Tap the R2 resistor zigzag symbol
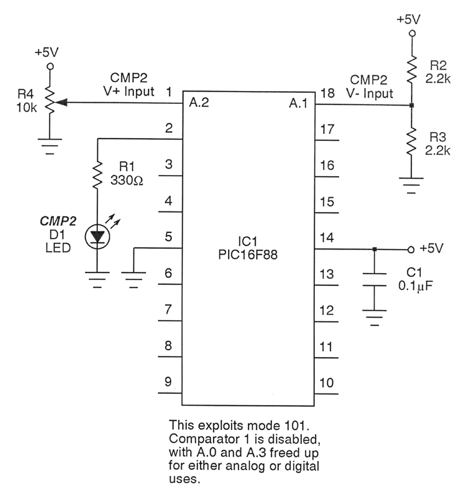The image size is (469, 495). tap(412, 69)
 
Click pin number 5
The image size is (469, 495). tap(168, 238)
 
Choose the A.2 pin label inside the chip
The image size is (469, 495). tap(199, 103)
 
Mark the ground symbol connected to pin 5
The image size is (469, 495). tap(134, 276)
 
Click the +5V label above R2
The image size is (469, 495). tap(409, 19)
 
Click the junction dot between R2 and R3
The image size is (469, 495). tap(412, 106)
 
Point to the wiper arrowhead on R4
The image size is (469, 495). tap(60, 104)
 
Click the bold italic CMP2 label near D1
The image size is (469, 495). tap(57, 221)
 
